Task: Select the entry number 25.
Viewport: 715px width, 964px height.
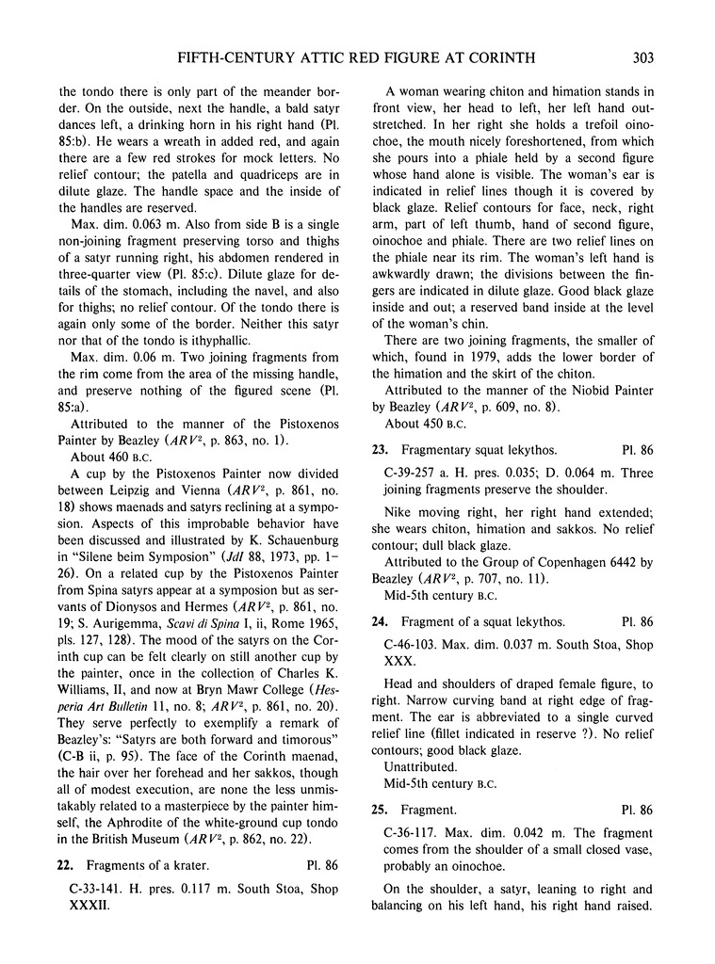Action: (378, 809)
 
